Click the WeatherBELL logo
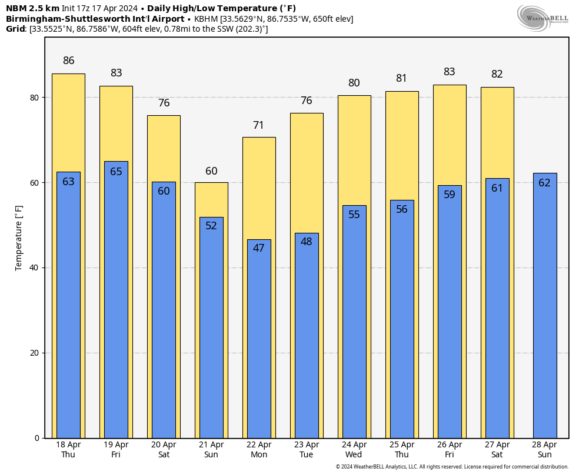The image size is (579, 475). click(x=543, y=18)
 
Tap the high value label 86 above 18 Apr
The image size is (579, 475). click(x=68, y=61)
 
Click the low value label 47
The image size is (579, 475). click(x=259, y=248)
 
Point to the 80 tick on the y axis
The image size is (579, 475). click(x=35, y=98)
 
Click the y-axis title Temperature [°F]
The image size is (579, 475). click(x=19, y=237)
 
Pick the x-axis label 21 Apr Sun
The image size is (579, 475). click(x=211, y=450)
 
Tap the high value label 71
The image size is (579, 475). click(x=259, y=125)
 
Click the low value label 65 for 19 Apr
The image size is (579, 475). click(x=116, y=172)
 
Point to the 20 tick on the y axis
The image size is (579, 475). click(x=35, y=353)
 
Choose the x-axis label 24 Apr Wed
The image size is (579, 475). click(x=354, y=450)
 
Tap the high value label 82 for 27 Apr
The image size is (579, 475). click(x=497, y=74)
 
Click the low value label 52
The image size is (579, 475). click(x=211, y=226)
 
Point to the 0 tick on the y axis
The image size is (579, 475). click(x=36, y=438)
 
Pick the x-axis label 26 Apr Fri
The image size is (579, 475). click(x=450, y=450)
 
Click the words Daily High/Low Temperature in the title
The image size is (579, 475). click(x=221, y=8)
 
